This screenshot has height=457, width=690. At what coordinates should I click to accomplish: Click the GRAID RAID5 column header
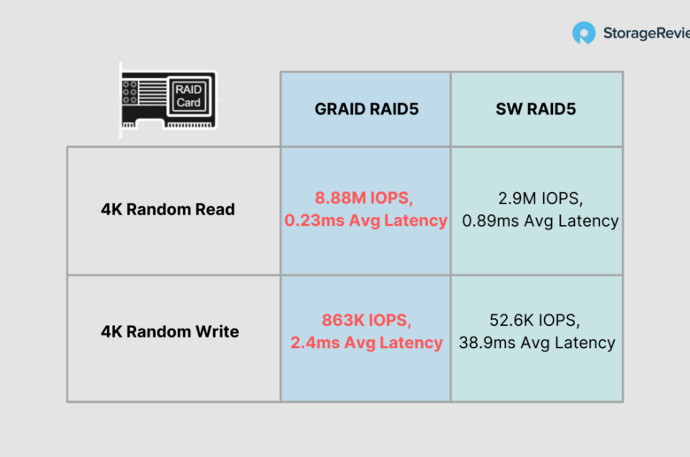(366, 109)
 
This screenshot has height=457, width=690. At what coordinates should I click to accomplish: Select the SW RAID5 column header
(535, 109)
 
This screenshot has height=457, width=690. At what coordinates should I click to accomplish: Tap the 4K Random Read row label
(168, 209)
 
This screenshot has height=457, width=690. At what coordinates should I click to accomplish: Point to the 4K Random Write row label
(170, 331)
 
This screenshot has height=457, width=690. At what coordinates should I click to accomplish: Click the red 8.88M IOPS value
(364, 198)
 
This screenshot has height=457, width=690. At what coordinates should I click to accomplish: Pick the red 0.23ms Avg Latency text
(365, 221)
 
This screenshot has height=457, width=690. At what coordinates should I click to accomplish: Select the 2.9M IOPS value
(540, 198)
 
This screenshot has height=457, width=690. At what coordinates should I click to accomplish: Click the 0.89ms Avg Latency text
(540, 221)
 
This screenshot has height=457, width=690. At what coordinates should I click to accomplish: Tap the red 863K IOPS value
(366, 321)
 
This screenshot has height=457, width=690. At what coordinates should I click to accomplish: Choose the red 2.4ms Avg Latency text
(366, 343)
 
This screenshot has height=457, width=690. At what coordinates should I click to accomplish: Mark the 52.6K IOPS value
(534, 321)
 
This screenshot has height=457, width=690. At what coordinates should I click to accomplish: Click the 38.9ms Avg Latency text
(537, 343)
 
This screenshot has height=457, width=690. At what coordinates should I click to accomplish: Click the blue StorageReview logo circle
(584, 33)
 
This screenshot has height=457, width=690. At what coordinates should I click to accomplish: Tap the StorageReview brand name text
(647, 33)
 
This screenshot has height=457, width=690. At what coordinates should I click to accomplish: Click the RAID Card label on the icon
(188, 96)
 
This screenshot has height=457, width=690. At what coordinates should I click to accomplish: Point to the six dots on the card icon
(129, 92)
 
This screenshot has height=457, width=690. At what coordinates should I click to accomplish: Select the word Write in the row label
(218, 331)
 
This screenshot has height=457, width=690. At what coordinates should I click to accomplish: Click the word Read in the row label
(215, 209)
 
